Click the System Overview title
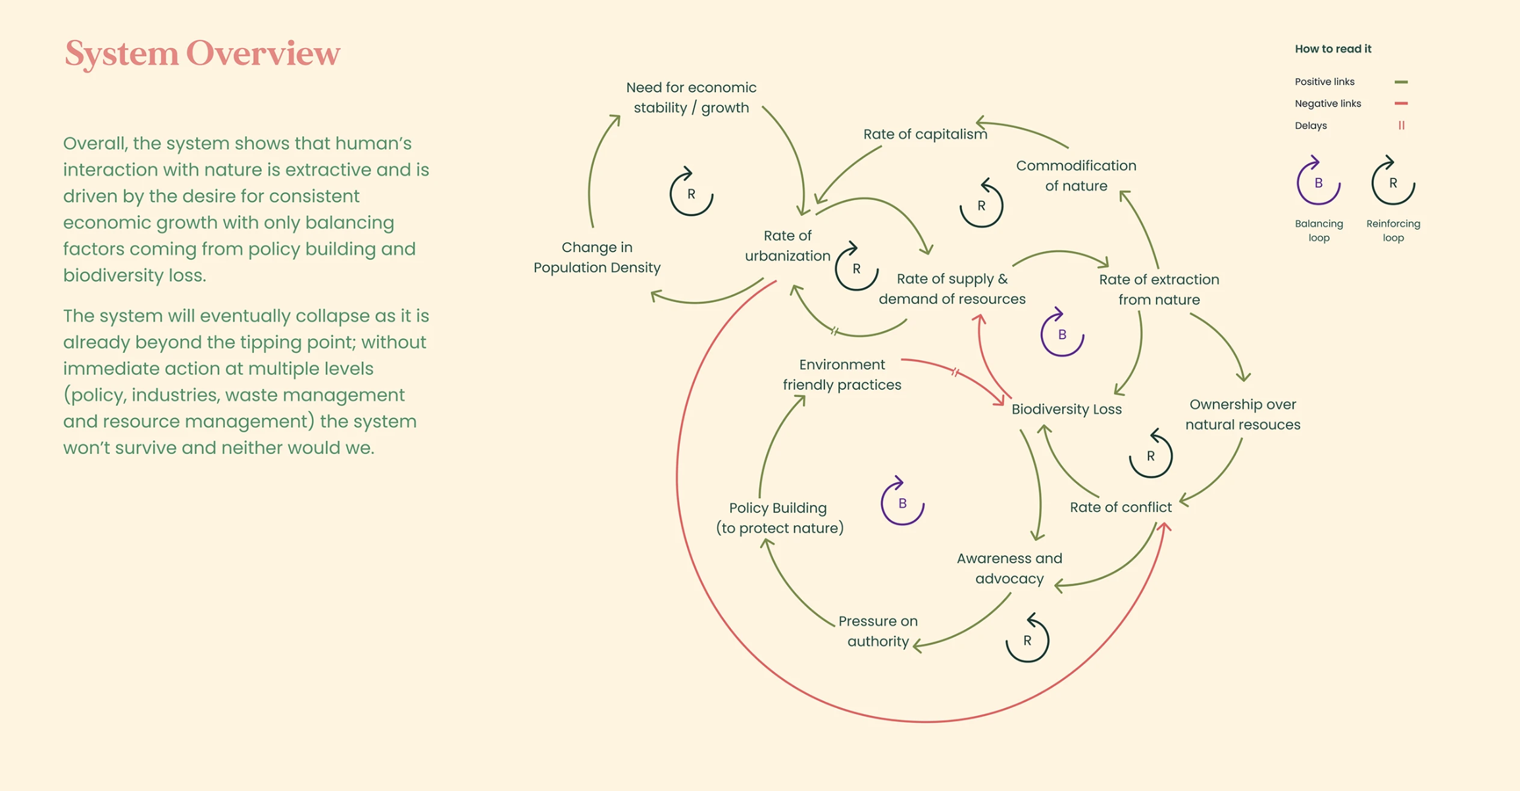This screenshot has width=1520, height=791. pyautogui.click(x=202, y=53)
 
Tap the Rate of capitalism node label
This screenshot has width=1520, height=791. pyautogui.click(x=925, y=134)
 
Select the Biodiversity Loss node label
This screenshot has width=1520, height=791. pyautogui.click(x=1066, y=409)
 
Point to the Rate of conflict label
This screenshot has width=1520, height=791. pyautogui.click(x=1120, y=507)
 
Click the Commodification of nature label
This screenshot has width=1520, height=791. pyautogui.click(x=1076, y=176)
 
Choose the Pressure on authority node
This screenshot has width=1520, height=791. pyautogui.click(x=878, y=631)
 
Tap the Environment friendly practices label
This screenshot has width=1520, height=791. pyautogui.click(x=842, y=374)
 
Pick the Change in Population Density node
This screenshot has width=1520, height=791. pyautogui.click(x=597, y=257)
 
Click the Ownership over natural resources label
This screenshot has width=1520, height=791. pyautogui.click(x=1242, y=415)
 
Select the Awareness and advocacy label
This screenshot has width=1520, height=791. pyautogui.click(x=1009, y=569)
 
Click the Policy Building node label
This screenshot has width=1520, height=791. pyautogui.click(x=779, y=518)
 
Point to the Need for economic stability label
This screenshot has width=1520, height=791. pyautogui.click(x=691, y=97)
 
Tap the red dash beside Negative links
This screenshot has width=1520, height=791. pyautogui.click(x=1401, y=103)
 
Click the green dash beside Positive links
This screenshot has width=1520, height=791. pyautogui.click(x=1401, y=82)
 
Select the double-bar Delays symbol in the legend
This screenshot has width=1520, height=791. pyautogui.click(x=1402, y=126)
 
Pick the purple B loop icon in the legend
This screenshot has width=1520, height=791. pyautogui.click(x=1318, y=183)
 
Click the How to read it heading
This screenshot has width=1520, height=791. pyautogui.click(x=1332, y=49)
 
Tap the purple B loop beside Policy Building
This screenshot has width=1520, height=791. pyautogui.click(x=902, y=503)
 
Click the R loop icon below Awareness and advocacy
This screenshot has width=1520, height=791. pyautogui.click(x=1027, y=640)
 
